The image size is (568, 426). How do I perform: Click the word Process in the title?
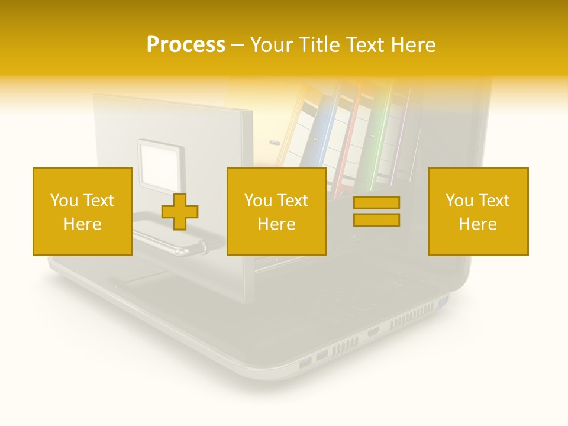[x=186, y=44]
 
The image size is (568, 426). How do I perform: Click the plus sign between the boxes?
[x=180, y=212]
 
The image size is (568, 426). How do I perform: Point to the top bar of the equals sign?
[x=376, y=203]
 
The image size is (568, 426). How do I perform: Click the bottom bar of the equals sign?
[x=376, y=220]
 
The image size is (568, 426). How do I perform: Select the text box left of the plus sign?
[x=82, y=211]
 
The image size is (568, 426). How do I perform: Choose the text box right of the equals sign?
[x=478, y=211]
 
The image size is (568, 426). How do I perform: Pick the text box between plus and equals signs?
[x=276, y=211]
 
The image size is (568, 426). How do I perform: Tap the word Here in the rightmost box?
[x=478, y=224]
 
